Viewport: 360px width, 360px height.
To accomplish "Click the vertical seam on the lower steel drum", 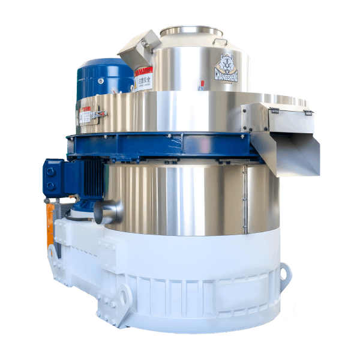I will [x=244, y=198].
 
